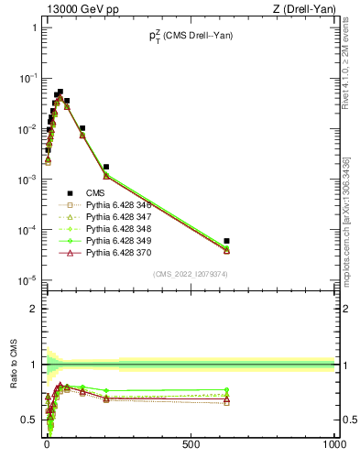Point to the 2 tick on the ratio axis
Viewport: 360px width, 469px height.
(34, 309)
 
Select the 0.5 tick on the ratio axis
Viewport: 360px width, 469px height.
(29, 420)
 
